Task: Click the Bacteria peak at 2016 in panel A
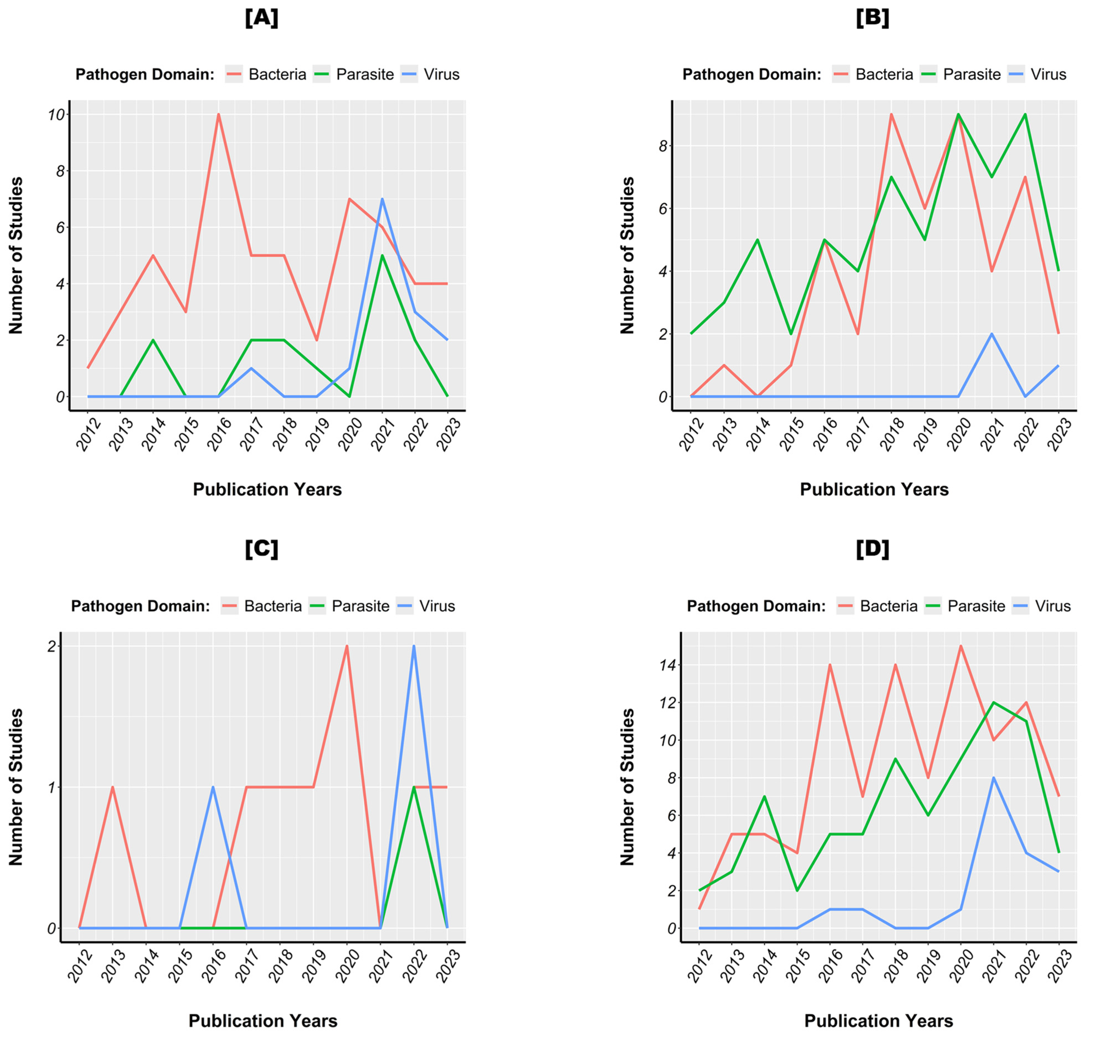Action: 218,114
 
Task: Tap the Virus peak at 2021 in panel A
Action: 382,199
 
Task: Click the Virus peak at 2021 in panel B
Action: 991,334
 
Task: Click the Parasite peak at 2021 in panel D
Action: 993,702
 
